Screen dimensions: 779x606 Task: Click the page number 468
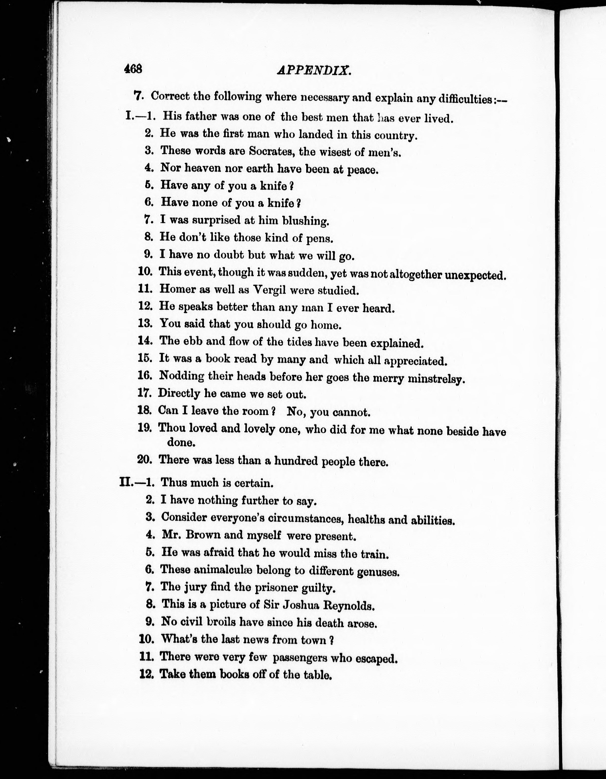[133, 69]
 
